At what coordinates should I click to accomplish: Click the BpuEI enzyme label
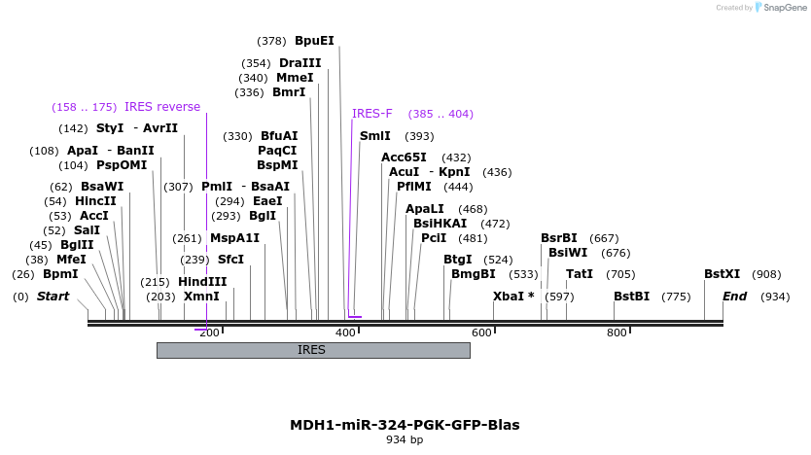314,41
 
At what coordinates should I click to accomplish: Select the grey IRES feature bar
312,350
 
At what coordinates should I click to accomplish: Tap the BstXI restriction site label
723,274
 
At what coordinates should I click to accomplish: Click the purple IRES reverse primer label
162,107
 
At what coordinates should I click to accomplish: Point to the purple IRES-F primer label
372,114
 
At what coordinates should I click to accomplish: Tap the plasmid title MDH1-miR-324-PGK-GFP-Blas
405,425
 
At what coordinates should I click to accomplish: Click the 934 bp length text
405,440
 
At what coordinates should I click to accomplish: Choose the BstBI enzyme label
631,297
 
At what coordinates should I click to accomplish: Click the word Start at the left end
53,297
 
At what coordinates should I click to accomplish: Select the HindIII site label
202,282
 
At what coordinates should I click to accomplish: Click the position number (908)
766,274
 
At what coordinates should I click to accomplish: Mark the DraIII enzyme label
300,63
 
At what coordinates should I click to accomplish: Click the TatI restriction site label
580,274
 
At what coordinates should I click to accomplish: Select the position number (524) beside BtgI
498,260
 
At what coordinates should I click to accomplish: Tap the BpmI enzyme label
60,274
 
